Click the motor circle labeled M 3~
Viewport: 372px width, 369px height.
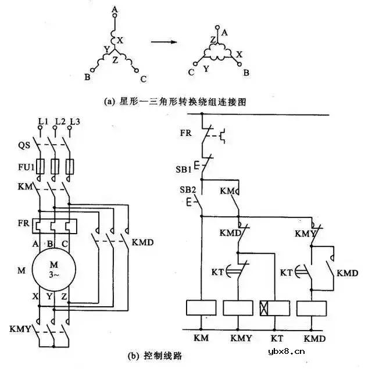coord(52,269)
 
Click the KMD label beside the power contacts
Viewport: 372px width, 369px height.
coord(143,241)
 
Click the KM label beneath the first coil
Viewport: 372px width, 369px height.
coord(201,337)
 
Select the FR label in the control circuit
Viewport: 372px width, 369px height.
coord(185,132)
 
